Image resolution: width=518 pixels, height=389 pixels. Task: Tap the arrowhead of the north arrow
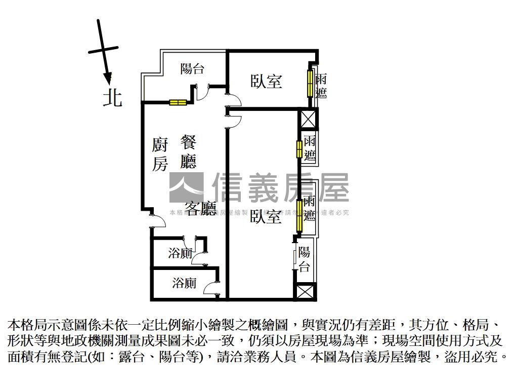[x=107, y=78]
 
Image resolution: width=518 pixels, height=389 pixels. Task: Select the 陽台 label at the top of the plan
[x=192, y=68]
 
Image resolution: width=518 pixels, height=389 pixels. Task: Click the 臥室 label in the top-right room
[x=266, y=81]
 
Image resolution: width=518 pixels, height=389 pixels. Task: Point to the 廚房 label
[x=159, y=154]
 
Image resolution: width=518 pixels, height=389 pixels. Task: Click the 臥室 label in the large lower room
[x=266, y=217]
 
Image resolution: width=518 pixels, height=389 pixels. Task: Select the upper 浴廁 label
[x=180, y=253]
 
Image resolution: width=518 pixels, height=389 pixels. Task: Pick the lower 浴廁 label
[x=184, y=283]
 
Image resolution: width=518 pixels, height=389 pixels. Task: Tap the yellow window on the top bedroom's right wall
[x=310, y=83]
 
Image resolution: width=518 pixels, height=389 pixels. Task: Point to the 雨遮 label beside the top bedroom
[x=321, y=86]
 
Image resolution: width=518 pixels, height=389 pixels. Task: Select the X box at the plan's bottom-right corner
[x=305, y=292]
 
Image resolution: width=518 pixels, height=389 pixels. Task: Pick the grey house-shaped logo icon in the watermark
[x=186, y=187]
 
